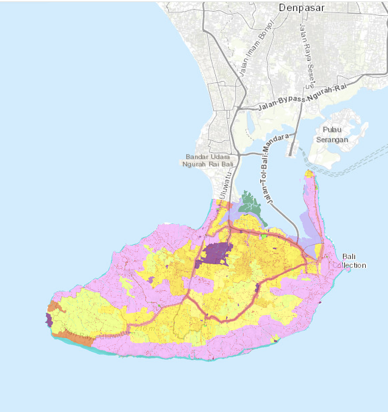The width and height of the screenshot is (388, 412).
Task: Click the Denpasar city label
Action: [302, 8]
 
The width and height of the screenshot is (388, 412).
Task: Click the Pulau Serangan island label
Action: [332, 134]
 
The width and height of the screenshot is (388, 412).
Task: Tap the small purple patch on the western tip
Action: [49, 320]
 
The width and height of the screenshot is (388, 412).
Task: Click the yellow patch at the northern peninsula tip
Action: [309, 174]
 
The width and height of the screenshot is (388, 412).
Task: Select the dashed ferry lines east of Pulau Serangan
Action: [363, 161]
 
